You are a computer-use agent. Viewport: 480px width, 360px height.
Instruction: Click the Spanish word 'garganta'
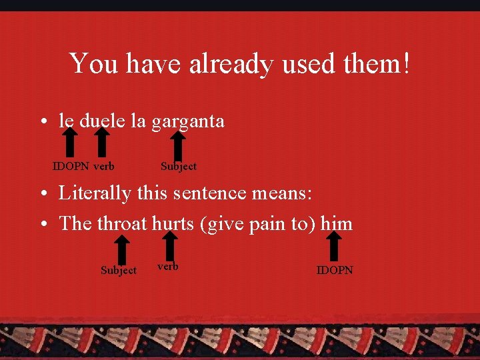pyautogui.click(x=187, y=121)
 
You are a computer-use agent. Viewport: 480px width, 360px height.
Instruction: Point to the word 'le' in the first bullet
pyautogui.click(x=66, y=121)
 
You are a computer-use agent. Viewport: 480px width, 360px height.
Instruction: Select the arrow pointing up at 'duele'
pyautogui.click(x=101, y=141)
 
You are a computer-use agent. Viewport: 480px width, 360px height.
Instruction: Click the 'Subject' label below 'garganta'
pyautogui.click(x=179, y=166)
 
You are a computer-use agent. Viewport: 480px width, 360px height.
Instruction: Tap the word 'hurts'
pyautogui.click(x=172, y=223)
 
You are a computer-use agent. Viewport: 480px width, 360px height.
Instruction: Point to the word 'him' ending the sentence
pyautogui.click(x=336, y=223)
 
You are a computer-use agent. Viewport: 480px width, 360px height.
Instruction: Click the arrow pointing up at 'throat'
pyautogui.click(x=121, y=250)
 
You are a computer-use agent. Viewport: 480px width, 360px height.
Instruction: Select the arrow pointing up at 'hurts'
pyautogui.click(x=171, y=245)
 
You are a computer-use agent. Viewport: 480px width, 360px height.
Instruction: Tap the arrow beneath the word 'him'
pyautogui.click(x=335, y=245)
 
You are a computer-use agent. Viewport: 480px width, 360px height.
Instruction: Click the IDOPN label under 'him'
pyautogui.click(x=335, y=270)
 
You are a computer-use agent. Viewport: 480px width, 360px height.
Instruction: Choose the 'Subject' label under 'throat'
pyautogui.click(x=119, y=270)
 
